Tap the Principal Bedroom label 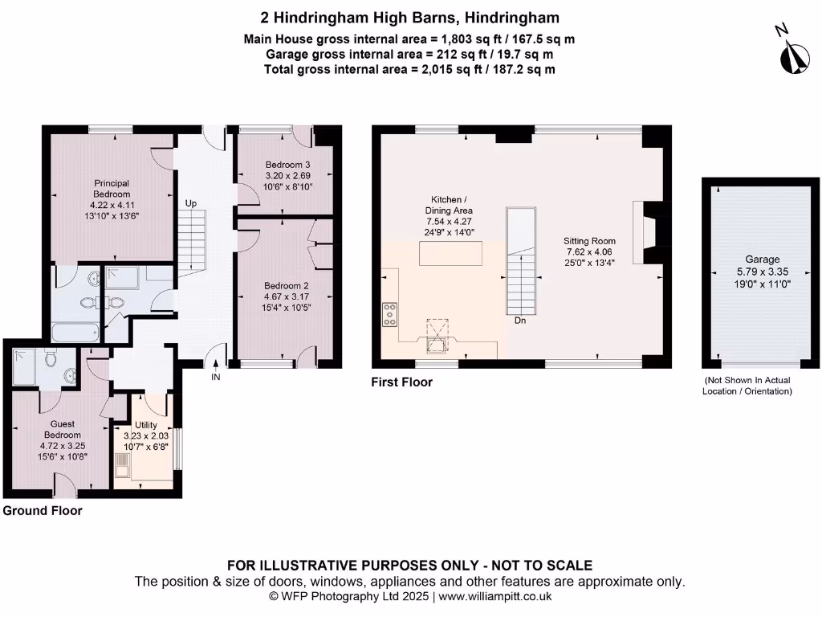[x=110, y=189]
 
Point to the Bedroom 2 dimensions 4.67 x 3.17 [x=287, y=296]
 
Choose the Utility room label [x=146, y=425]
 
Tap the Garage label [x=762, y=259]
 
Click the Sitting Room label [x=588, y=241]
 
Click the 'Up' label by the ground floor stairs [x=191, y=203]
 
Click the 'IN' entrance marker [x=215, y=376]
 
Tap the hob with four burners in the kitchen [x=391, y=314]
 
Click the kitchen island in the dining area [x=450, y=253]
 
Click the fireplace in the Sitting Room [x=645, y=233]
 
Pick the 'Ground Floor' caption [x=43, y=510]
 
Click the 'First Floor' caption [x=401, y=382]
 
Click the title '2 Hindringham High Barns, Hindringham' [x=410, y=18]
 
